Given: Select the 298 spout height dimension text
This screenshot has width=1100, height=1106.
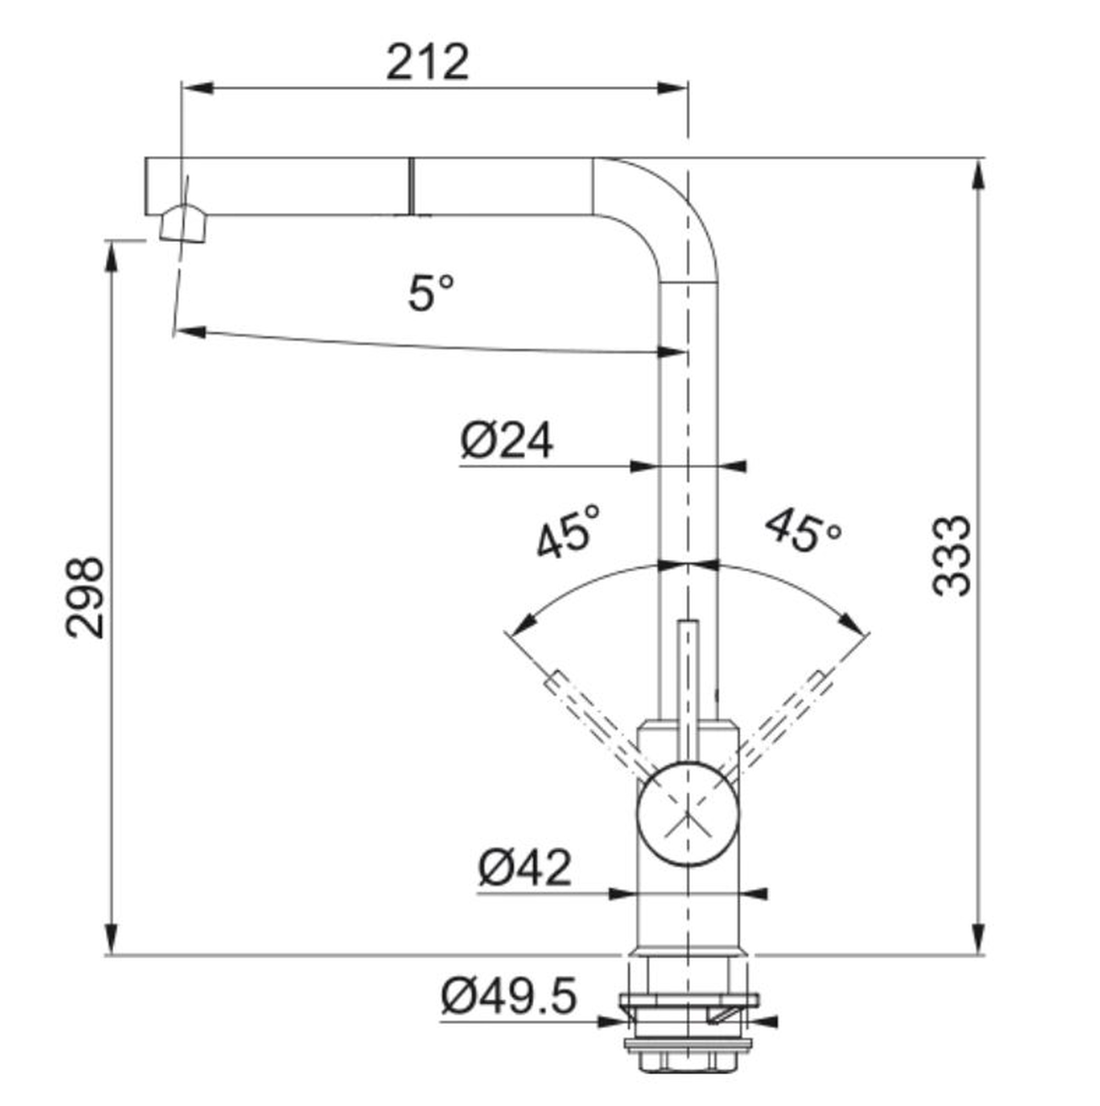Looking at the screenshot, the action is point(85,597).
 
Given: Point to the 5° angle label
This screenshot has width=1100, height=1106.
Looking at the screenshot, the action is point(431,293).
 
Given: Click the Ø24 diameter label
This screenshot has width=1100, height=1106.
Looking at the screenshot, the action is point(507,441).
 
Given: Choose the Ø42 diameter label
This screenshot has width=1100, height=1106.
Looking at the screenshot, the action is point(525,867).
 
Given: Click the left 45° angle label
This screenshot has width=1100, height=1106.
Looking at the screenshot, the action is point(568,530).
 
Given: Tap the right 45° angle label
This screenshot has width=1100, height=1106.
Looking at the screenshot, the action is point(802,530).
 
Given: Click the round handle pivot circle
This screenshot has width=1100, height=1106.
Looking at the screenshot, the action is point(687,813).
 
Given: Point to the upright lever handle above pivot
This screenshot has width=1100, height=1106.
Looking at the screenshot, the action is point(687,691).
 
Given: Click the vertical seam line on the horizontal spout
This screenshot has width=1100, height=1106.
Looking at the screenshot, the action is point(410,186).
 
